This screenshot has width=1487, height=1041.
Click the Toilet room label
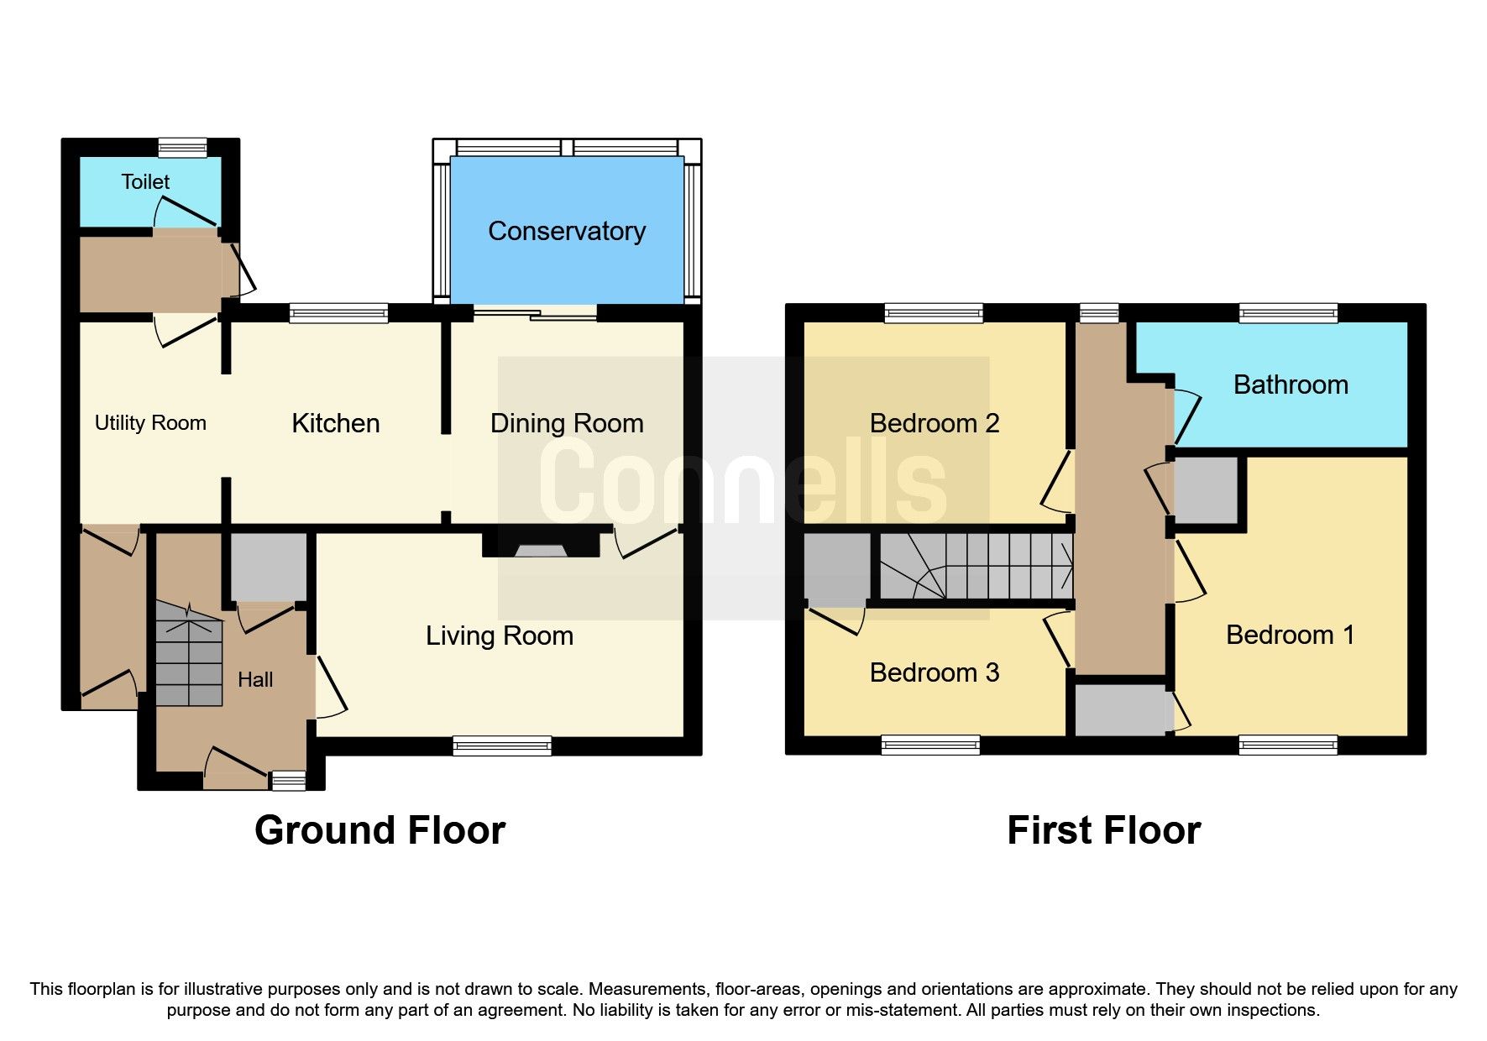click(x=145, y=181)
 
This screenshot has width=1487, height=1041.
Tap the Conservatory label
click(x=567, y=231)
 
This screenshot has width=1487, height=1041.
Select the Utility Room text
click(x=150, y=423)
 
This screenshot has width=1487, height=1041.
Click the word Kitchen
click(x=335, y=423)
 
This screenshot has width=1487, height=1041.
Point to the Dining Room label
click(x=567, y=423)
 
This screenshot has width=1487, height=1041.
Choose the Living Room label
click(x=500, y=636)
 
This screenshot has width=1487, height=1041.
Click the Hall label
click(x=255, y=679)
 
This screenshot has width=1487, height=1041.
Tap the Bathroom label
click(x=1291, y=384)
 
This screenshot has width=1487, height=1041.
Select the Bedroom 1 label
click(x=1291, y=635)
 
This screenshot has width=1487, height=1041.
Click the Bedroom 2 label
click(x=935, y=423)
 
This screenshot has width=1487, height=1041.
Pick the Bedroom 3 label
click(x=935, y=672)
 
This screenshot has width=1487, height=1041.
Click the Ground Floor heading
click(x=380, y=830)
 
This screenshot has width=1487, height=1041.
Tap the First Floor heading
click(x=1103, y=830)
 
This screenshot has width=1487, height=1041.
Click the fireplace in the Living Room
click(x=541, y=548)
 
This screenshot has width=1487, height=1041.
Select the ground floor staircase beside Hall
click(x=189, y=655)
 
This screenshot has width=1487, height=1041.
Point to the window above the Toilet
click(x=182, y=148)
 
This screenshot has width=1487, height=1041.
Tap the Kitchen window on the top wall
click(x=339, y=313)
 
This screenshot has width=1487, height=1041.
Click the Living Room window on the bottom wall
click(x=502, y=745)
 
